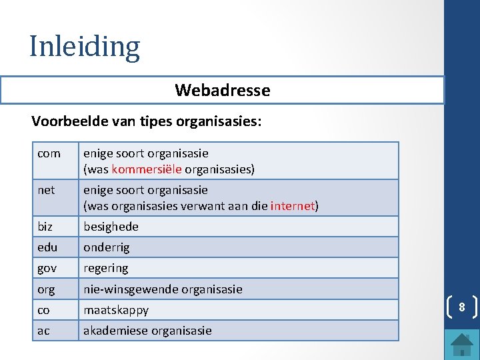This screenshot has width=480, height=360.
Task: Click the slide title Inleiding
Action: tap(85, 47)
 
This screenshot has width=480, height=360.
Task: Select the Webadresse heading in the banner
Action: tap(223, 90)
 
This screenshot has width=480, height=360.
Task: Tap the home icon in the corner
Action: tap(462, 344)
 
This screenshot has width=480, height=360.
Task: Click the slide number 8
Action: tap(461, 307)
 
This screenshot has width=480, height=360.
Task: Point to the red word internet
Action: tap(292, 206)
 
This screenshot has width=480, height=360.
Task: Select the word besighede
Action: tap(111, 227)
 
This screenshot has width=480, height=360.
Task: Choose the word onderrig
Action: tap(107, 247)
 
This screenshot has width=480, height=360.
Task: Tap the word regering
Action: tap(105, 268)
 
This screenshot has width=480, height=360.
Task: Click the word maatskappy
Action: tap(116, 310)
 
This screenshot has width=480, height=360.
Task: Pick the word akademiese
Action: tap(115, 331)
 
